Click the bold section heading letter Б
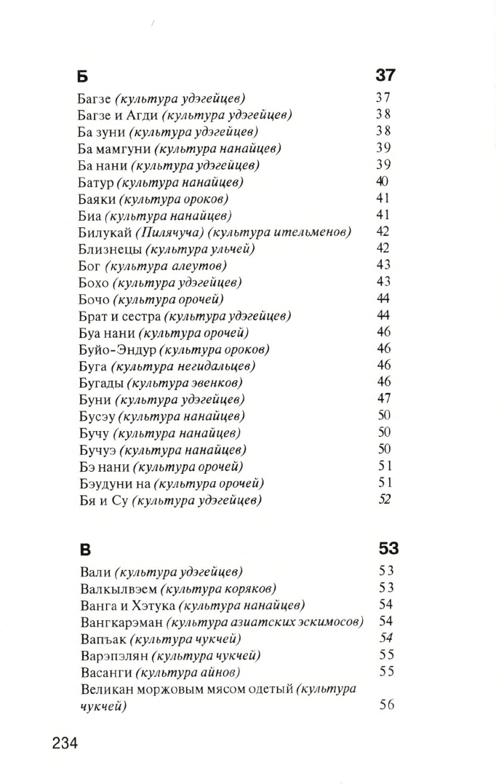[x=82, y=76]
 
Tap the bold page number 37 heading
[x=385, y=76]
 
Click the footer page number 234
[x=65, y=743]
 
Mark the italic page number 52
[x=385, y=499]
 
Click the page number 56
[x=386, y=705]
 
